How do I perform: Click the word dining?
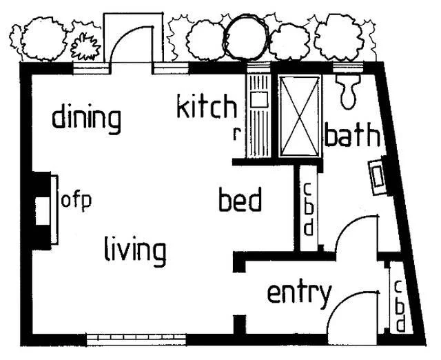click(x=87, y=119)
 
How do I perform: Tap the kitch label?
click(x=207, y=106)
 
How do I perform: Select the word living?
click(x=135, y=251)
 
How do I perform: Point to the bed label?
click(x=240, y=199)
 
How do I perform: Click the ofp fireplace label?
click(x=76, y=201)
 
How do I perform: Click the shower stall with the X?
click(x=300, y=117)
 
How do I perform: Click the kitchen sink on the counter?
click(x=259, y=99)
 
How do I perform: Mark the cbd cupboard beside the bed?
click(x=308, y=208)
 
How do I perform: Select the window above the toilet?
click(x=348, y=68)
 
